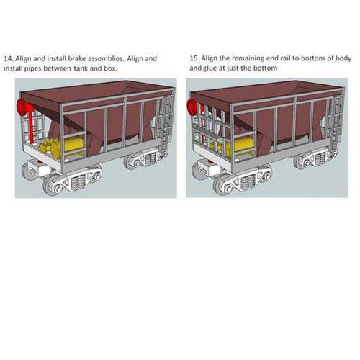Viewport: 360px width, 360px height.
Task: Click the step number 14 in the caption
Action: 8,59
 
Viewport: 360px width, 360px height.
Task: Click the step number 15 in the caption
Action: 194,58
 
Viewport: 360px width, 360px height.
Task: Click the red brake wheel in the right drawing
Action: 193,107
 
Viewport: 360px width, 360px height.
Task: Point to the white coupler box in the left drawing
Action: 37,168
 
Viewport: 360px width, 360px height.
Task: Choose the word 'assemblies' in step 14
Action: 106,58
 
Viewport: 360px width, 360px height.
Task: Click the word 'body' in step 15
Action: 343,58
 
